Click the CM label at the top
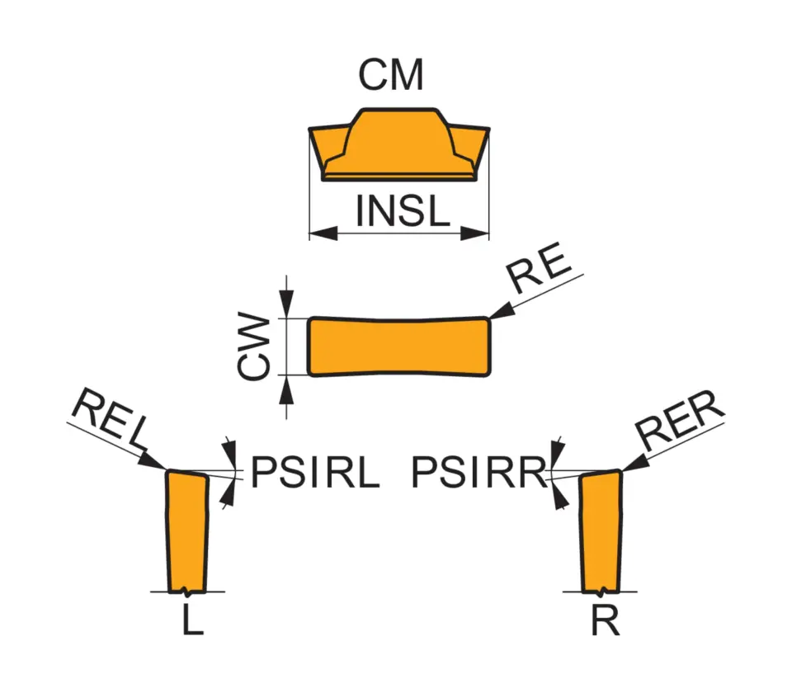[391, 76]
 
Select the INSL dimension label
[403, 211]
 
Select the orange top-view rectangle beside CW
[399, 346]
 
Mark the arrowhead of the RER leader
[632, 464]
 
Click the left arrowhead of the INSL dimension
[320, 233]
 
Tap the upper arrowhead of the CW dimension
[286, 307]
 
